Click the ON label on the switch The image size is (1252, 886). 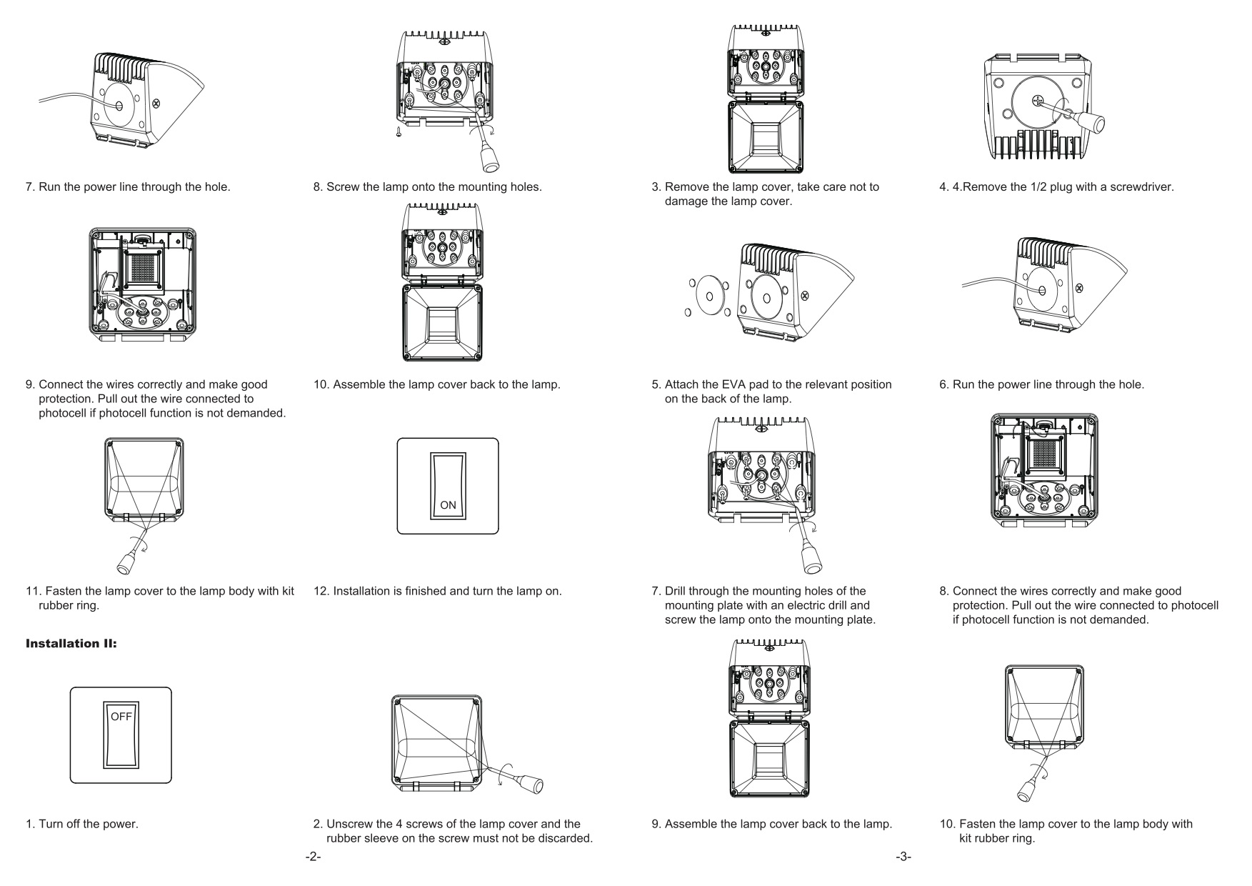[448, 505]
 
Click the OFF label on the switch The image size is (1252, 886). [121, 717]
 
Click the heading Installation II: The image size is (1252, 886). [71, 644]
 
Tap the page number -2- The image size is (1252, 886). [313, 857]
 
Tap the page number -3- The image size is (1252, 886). [903, 857]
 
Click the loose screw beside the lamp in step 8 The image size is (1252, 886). [400, 131]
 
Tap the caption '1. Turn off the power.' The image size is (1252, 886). [81, 824]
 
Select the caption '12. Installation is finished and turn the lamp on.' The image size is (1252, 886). [437, 591]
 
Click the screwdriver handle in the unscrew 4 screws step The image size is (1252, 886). [532, 784]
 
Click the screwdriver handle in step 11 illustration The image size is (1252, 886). [125, 564]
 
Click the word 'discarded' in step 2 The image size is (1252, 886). [567, 837]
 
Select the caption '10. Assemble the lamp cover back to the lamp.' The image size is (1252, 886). [437, 384]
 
